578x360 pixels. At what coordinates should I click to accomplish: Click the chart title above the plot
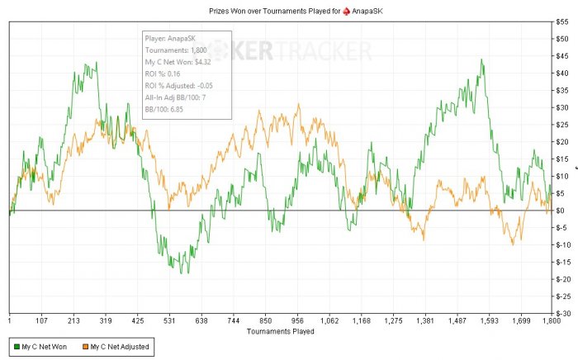(289, 9)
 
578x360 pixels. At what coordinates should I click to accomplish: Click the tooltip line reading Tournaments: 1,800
(177, 50)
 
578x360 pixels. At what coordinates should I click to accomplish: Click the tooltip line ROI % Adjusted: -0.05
(183, 86)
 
